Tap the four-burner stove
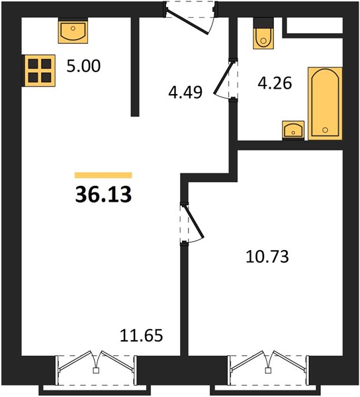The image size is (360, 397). coord(39,71)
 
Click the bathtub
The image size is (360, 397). coord(325,103)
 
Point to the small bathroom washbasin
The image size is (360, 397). coord(293,130)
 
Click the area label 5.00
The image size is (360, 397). coord(83,66)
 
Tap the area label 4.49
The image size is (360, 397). coord(185,92)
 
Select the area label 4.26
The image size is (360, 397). coord(275,83)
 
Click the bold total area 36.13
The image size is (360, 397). coord(103,195)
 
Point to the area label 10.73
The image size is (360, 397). coord(267,257)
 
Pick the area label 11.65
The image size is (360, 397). coord(141,335)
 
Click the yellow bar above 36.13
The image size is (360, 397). coord(103,175)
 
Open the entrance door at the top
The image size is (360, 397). coord(191,18)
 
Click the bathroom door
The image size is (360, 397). coord(226,79)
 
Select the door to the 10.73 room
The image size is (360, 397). coord(192,223)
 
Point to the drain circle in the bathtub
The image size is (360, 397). coord(325,130)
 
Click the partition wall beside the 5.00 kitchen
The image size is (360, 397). coord(135,67)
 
